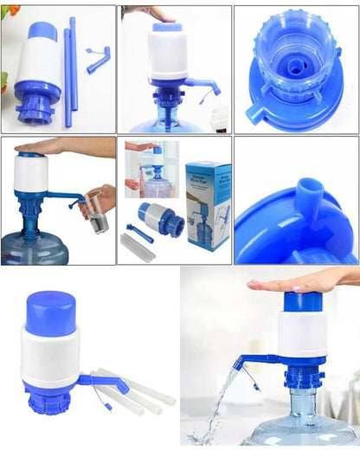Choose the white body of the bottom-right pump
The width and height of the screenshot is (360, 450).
pos(302,334)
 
